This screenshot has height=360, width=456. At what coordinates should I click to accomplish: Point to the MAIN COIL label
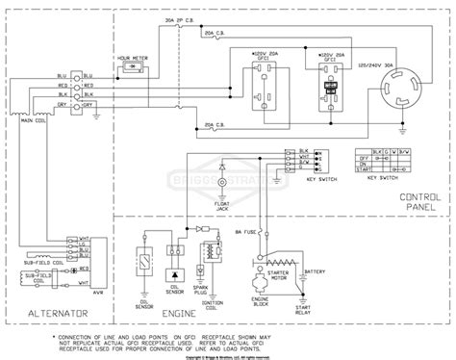tap(37, 120)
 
